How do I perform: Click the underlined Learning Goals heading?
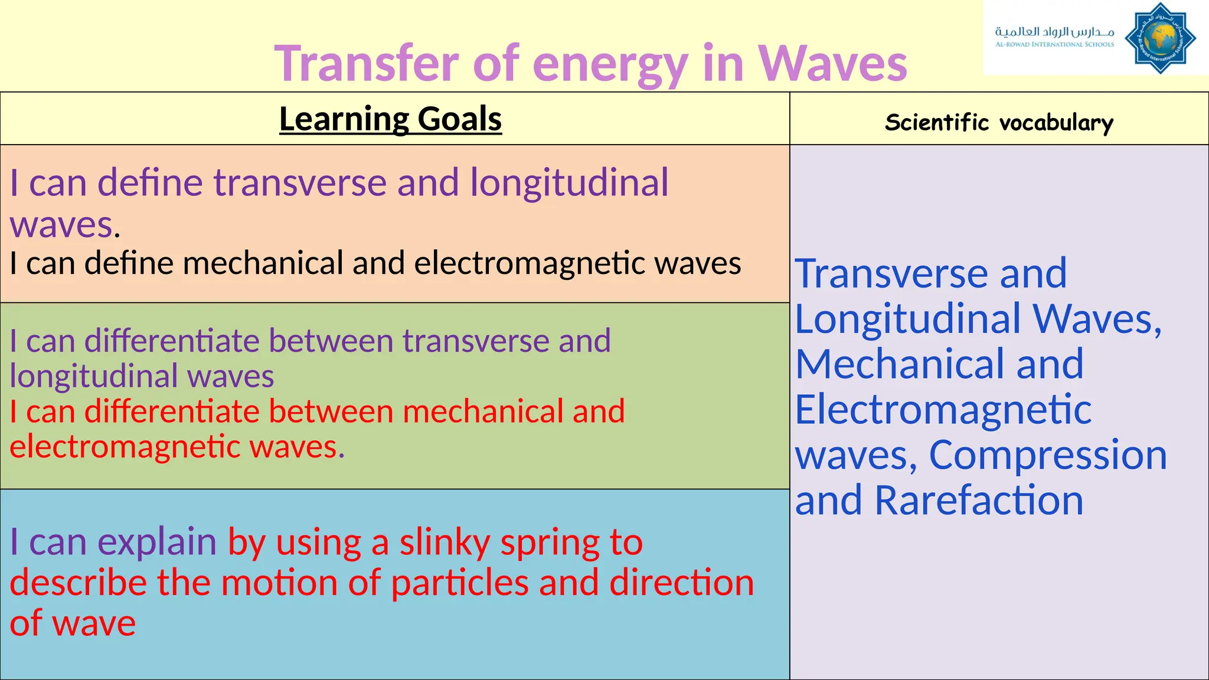(390, 119)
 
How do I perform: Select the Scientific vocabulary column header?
(999, 123)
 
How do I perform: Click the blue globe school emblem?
(1160, 38)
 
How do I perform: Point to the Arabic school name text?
(1054, 31)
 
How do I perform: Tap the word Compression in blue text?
(1048, 455)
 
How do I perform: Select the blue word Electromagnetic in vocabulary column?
(943, 410)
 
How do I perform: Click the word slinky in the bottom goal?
(445, 542)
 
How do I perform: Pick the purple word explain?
(156, 542)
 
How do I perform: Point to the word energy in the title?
(610, 64)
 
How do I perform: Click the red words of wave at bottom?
(73, 624)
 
